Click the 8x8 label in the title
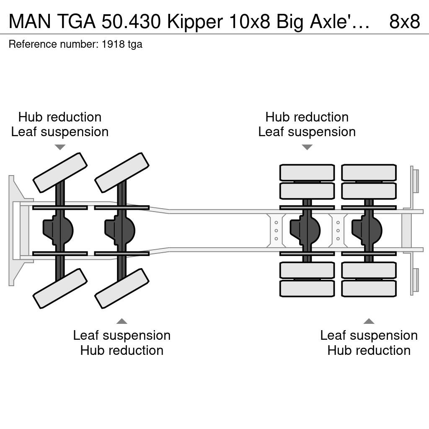[x=404, y=21]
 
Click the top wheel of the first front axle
[x=60, y=173]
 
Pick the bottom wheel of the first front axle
[x=60, y=289]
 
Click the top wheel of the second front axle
[x=122, y=173]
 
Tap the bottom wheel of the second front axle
[x=122, y=289]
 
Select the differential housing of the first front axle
[x=58, y=230]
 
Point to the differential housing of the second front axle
[x=120, y=230]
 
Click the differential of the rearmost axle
[x=367, y=230]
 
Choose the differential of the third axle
[x=305, y=230]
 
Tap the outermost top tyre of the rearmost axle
[x=369, y=173]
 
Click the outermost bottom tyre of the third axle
[x=307, y=288]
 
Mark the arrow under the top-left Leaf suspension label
[x=60, y=147]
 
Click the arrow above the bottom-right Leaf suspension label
[x=369, y=321]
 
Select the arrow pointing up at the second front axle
[x=122, y=321]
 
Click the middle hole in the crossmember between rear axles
[x=338, y=231]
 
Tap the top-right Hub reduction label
[x=307, y=117]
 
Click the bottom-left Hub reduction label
[x=122, y=350]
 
